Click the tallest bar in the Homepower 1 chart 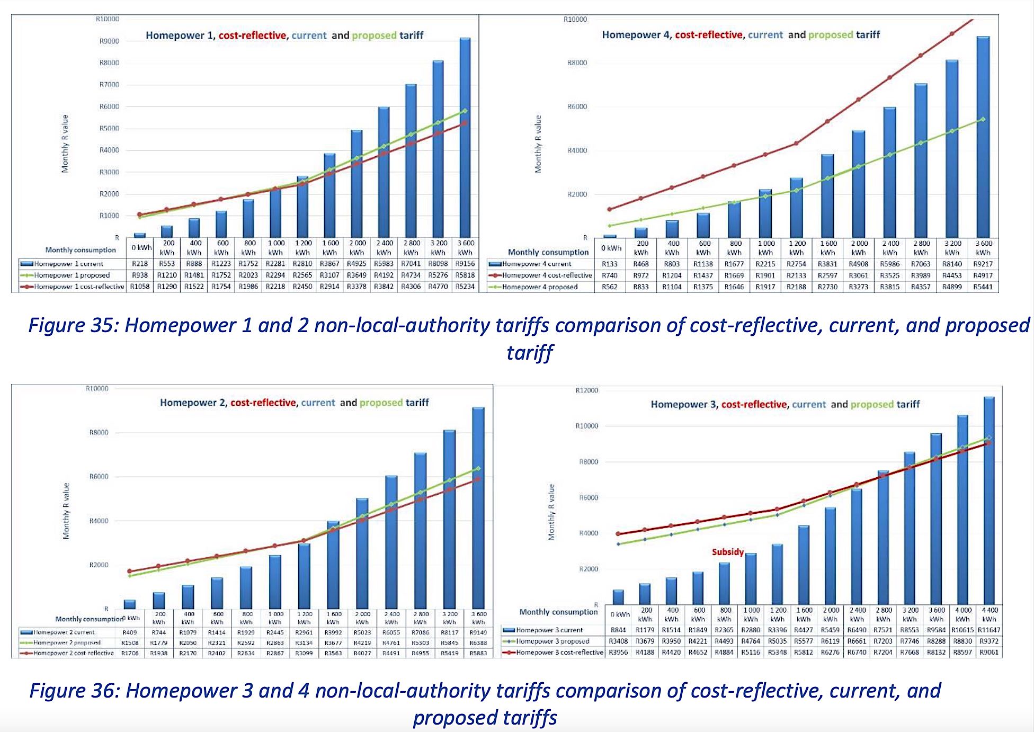[x=465, y=138]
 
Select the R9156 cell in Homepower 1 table [x=465, y=264]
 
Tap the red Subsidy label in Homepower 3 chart [x=727, y=552]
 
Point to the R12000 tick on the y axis [x=586, y=391]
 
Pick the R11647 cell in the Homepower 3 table [x=989, y=630]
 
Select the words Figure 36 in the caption [x=74, y=691]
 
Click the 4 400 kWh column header [x=989, y=614]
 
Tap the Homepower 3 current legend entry [x=549, y=630]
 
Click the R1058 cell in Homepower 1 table [x=140, y=287]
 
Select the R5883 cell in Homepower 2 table [x=478, y=654]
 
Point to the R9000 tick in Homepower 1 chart [x=109, y=41]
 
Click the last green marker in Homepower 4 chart [x=983, y=119]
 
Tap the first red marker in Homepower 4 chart [x=610, y=209]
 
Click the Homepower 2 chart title [x=294, y=403]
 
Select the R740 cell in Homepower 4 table [x=610, y=275]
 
